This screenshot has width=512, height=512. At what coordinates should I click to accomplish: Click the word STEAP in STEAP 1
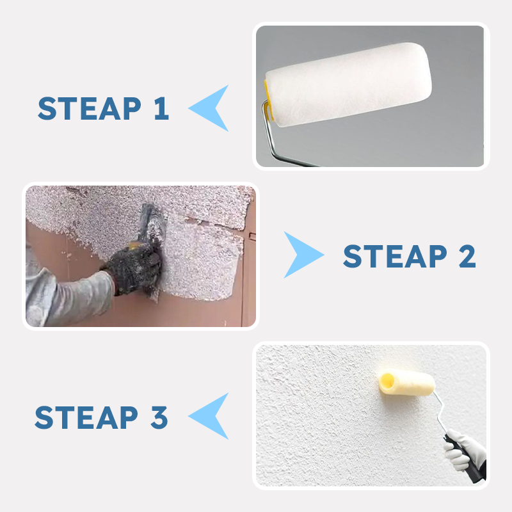(x=90, y=108)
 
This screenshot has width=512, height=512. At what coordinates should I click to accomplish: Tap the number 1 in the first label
(x=161, y=108)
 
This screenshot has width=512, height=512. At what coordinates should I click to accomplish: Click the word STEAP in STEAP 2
(x=395, y=257)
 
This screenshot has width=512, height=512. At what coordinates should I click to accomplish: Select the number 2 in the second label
(x=467, y=257)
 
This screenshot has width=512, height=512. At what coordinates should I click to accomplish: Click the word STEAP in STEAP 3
(x=86, y=417)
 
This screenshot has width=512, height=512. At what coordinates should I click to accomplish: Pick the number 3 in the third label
(x=159, y=417)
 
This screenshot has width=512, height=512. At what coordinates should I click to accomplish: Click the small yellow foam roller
(x=407, y=382)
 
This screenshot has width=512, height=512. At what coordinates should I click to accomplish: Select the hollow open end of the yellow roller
(x=387, y=380)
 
